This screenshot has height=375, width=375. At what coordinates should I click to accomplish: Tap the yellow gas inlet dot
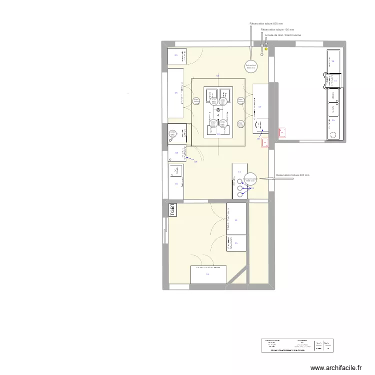266,49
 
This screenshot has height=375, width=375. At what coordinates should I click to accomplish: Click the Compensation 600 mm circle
250,178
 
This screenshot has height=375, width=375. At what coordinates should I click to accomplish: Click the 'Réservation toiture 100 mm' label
277,30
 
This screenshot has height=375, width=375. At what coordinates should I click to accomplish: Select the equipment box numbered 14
236,218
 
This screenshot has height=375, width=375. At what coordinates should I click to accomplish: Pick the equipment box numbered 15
236,243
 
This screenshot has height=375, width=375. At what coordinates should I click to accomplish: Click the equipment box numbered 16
207,274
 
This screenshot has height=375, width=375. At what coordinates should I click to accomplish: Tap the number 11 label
239,172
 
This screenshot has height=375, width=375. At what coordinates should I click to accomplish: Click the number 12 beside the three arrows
252,188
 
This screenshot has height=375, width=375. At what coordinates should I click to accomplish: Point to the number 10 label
176,183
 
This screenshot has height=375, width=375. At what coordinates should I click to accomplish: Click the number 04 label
259,107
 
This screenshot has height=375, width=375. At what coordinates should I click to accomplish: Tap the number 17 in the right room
335,80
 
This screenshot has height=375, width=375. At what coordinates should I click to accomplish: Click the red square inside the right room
282,132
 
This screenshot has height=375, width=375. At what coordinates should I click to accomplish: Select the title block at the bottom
297,345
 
